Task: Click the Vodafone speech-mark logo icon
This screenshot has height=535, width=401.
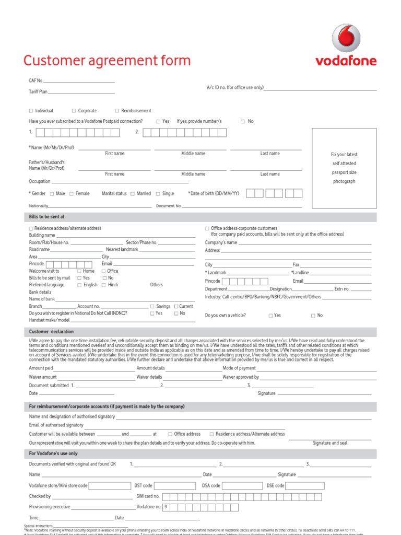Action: click(346, 39)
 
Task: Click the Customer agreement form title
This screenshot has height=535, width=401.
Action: click(107, 61)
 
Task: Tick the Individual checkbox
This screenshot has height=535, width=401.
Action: click(31, 111)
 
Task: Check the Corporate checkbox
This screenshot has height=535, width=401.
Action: click(74, 111)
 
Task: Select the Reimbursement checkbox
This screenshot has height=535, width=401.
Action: click(117, 111)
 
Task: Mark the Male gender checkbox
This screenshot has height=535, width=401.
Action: click(52, 194)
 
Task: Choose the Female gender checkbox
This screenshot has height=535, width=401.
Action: click(72, 194)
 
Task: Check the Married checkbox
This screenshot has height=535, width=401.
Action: click(133, 194)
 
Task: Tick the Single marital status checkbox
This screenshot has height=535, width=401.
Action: click(158, 194)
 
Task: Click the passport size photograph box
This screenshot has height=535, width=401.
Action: click(344, 167)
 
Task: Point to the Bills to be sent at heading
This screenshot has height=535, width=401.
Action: click(47, 216)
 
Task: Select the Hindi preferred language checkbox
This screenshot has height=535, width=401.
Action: click(104, 285)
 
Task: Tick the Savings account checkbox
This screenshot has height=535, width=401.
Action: click(152, 307)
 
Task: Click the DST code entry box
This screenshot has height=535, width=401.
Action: click(175, 486)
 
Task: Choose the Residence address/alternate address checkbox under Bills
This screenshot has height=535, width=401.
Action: click(31, 229)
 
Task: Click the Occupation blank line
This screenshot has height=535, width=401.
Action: click(120, 182)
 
